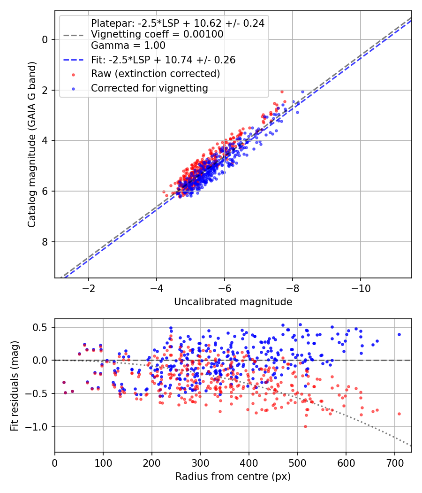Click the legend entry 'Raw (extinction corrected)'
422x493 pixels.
click(x=155, y=74)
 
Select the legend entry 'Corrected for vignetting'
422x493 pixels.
click(x=150, y=88)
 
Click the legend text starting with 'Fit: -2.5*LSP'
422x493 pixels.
click(x=163, y=60)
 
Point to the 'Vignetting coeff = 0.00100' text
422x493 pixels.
click(x=157, y=34)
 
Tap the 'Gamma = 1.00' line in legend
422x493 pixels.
click(x=128, y=46)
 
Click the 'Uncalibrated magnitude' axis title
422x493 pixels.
click(x=233, y=301)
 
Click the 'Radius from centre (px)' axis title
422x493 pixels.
click(x=233, y=477)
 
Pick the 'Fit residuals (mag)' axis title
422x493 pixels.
click(x=15, y=385)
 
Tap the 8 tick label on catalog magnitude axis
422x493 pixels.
click(x=45, y=242)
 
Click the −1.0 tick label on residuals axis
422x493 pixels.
click(x=39, y=427)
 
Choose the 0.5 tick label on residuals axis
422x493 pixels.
click(x=43, y=327)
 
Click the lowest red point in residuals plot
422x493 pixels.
click(x=305, y=426)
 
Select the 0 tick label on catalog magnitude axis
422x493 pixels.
click(x=45, y=39)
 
